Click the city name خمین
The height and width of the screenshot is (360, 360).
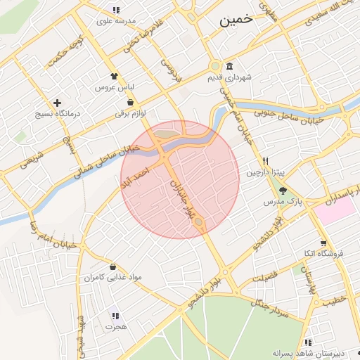click(236, 20)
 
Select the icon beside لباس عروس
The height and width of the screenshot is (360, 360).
click(115, 76)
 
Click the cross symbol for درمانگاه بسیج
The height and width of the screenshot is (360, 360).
click(57, 103)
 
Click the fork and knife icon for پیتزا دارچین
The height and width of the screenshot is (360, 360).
click(265, 161)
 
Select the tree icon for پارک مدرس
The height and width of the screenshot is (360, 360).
click(283, 191)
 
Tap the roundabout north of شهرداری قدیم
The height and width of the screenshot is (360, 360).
click(214, 67)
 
